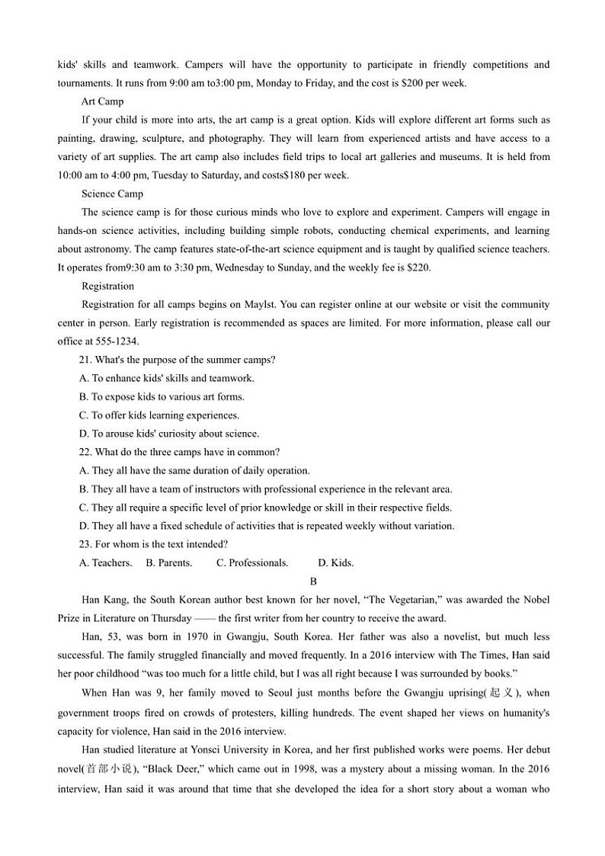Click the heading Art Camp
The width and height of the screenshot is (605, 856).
(x=102, y=101)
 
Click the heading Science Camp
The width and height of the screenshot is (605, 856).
(x=112, y=194)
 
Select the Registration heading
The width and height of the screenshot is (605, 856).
(x=107, y=286)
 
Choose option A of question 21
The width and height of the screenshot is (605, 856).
(x=167, y=378)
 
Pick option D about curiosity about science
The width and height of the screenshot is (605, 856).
(x=168, y=434)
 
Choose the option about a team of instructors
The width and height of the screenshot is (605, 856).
(x=265, y=489)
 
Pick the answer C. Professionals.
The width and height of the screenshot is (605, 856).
(x=252, y=563)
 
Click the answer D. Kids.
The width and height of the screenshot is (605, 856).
(x=335, y=563)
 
